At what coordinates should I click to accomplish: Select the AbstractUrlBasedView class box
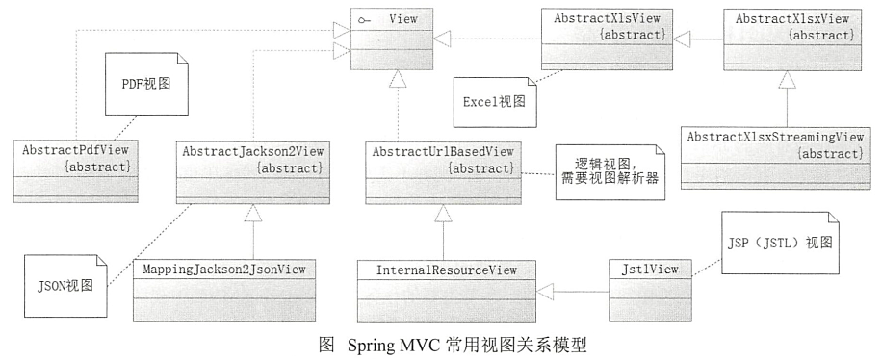click(443, 169)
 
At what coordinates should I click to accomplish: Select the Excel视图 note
click(495, 99)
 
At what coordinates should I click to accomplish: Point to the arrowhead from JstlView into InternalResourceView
click(545, 288)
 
